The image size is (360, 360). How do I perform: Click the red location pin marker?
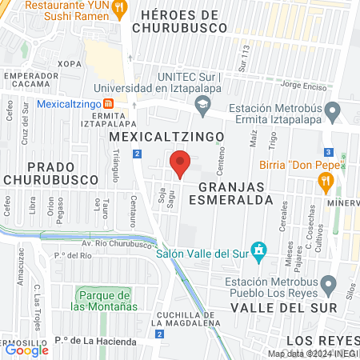point(180,163)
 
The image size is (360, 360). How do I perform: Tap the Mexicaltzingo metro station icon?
point(108,103)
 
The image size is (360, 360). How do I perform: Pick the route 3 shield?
point(328,152)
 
